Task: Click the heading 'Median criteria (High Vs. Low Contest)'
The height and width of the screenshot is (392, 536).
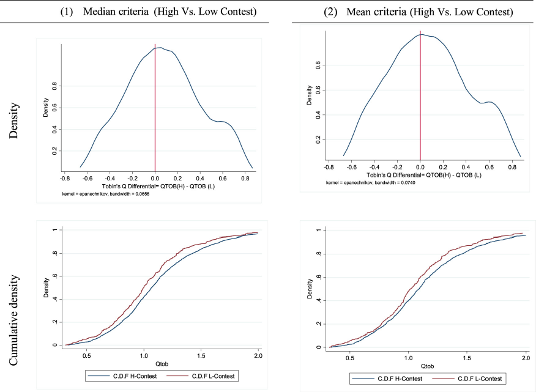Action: click(x=169, y=12)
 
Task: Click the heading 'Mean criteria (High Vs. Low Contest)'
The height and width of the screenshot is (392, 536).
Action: click(x=430, y=12)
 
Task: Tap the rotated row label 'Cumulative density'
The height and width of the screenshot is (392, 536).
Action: click(x=13, y=320)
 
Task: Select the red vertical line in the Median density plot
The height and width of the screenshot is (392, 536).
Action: click(x=155, y=108)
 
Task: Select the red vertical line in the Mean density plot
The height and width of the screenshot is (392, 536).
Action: click(x=420, y=95)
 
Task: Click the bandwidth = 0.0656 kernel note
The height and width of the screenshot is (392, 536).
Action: click(x=106, y=194)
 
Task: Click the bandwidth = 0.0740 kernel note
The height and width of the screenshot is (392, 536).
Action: click(x=371, y=183)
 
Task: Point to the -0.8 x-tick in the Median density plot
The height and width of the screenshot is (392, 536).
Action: click(x=65, y=179)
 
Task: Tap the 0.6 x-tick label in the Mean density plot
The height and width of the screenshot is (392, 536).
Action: click(x=489, y=167)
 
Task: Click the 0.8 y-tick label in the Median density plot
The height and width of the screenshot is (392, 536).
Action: click(x=54, y=86)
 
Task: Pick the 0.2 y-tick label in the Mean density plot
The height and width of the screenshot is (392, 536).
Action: click(x=318, y=139)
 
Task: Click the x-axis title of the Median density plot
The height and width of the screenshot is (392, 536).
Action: click(x=158, y=187)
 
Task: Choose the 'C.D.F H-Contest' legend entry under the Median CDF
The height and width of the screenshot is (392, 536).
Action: click(x=122, y=376)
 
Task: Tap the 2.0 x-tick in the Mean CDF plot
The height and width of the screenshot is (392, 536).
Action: click(x=526, y=358)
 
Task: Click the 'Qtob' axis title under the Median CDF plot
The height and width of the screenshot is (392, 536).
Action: click(x=162, y=364)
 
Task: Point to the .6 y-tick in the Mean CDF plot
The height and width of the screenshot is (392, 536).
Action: click(x=318, y=277)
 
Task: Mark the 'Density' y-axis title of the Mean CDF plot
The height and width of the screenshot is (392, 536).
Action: click(x=310, y=289)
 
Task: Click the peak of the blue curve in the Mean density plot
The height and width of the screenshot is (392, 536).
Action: click(x=422, y=34)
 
